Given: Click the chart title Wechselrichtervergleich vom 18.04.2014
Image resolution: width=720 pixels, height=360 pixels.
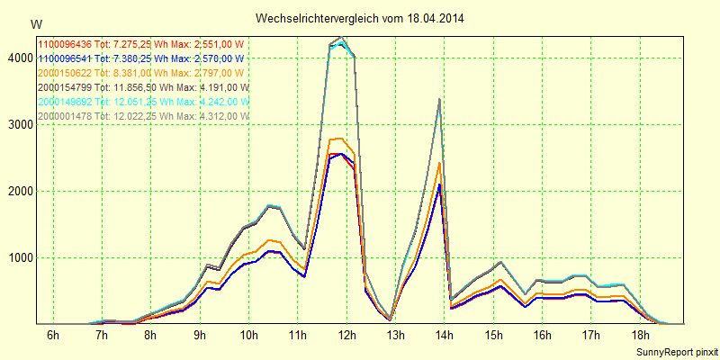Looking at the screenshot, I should [x=360, y=18].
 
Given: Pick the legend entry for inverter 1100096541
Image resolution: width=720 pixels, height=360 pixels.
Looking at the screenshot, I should [x=140, y=58].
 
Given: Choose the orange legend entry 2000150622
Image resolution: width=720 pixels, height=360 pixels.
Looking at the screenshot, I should [x=140, y=73].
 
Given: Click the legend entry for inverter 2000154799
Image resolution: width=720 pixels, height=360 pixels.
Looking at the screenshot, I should [x=142, y=87].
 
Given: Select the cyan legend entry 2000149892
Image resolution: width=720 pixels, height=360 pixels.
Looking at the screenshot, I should [x=142, y=102].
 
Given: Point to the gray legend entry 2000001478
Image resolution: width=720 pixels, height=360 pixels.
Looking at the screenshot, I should [x=142, y=116].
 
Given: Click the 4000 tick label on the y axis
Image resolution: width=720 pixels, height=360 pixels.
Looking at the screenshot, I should [x=19, y=58].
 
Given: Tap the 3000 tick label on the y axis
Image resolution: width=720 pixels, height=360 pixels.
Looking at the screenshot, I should [x=19, y=125].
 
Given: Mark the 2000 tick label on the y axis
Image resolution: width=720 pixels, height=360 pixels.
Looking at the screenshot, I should [x=19, y=192].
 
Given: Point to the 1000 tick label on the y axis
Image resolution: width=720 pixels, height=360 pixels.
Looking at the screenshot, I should [x=19, y=258].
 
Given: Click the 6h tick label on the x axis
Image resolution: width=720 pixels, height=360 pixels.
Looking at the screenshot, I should [x=53, y=336].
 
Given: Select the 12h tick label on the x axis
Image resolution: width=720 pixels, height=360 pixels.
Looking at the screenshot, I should [x=346, y=336].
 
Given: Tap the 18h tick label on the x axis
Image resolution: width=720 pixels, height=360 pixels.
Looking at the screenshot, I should [x=640, y=336].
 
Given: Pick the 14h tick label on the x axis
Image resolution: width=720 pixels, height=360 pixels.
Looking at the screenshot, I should [x=445, y=336].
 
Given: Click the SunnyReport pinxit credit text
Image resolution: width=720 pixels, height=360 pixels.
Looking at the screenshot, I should [x=674, y=351].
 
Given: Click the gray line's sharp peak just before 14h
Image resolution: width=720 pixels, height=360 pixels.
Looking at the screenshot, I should [x=438, y=99].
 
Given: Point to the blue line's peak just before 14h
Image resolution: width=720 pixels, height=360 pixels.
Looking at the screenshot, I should [x=438, y=185].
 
